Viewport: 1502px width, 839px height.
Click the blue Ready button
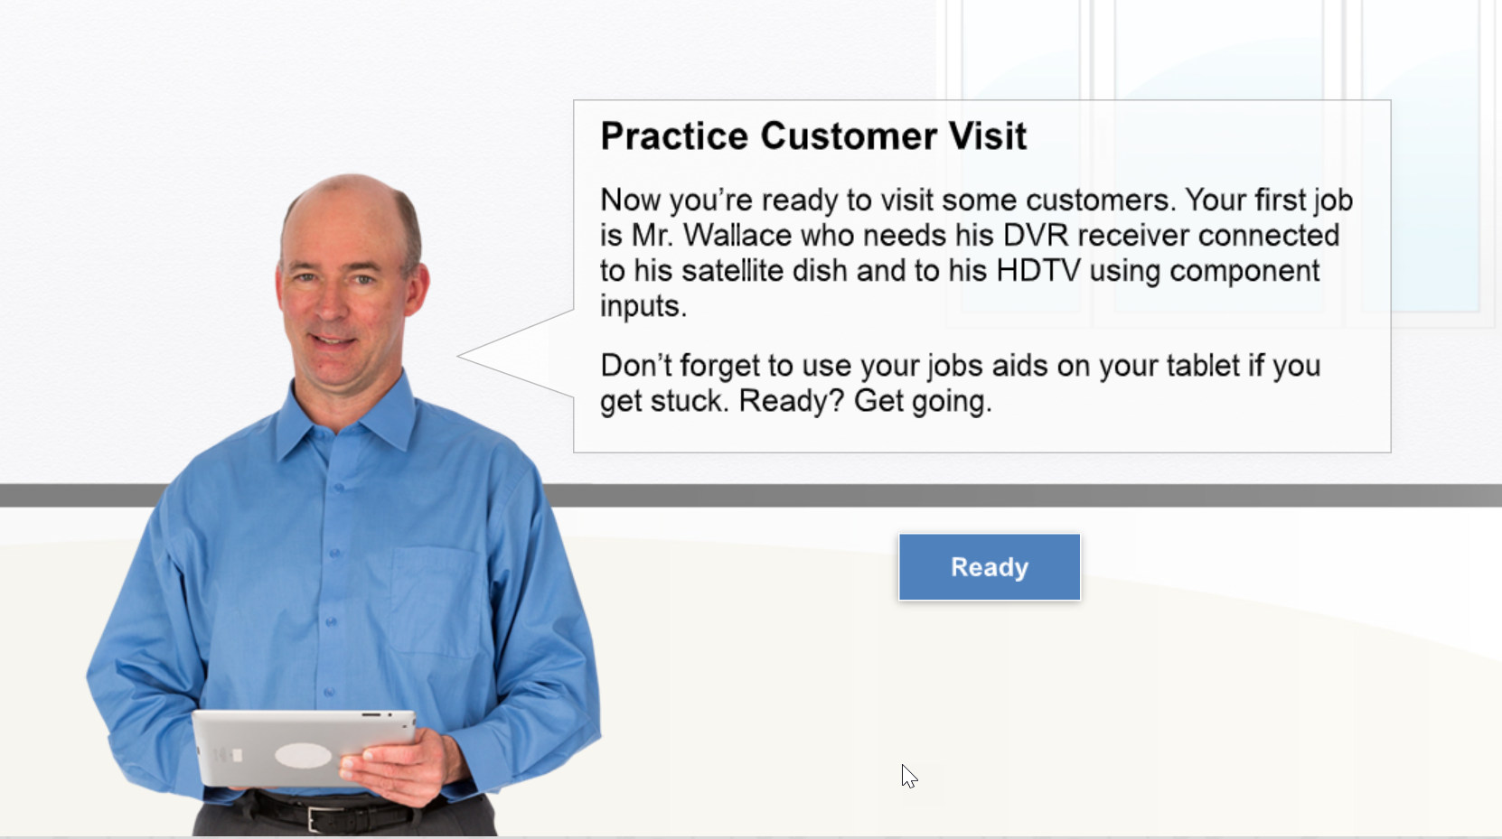point(989,567)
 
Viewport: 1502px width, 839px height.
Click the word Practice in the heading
point(674,136)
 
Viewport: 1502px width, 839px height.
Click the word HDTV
point(1038,271)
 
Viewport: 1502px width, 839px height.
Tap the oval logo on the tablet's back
point(303,755)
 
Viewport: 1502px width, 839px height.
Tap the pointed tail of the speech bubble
point(459,356)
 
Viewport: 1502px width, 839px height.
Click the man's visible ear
point(417,288)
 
